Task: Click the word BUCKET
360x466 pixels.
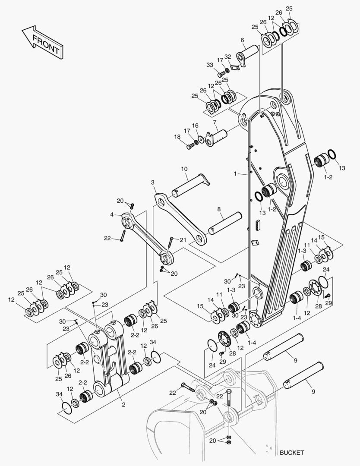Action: coord(291,453)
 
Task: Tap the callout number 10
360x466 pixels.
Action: coord(184,169)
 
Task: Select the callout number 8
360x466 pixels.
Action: coord(219,209)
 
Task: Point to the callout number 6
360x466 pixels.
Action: coord(242,40)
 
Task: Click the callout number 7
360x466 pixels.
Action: coord(215,122)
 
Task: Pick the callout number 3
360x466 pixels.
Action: coord(153,183)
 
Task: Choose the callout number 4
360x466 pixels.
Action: coord(111,214)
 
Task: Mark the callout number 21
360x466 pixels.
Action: coord(183,240)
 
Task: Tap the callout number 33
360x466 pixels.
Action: coord(210,65)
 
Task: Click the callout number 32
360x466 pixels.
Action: coord(228,57)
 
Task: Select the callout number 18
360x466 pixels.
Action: coord(177,137)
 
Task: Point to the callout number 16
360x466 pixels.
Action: coord(195,126)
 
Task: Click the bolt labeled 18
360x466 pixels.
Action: coord(190,147)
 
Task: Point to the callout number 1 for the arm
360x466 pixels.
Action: coord(236,173)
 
